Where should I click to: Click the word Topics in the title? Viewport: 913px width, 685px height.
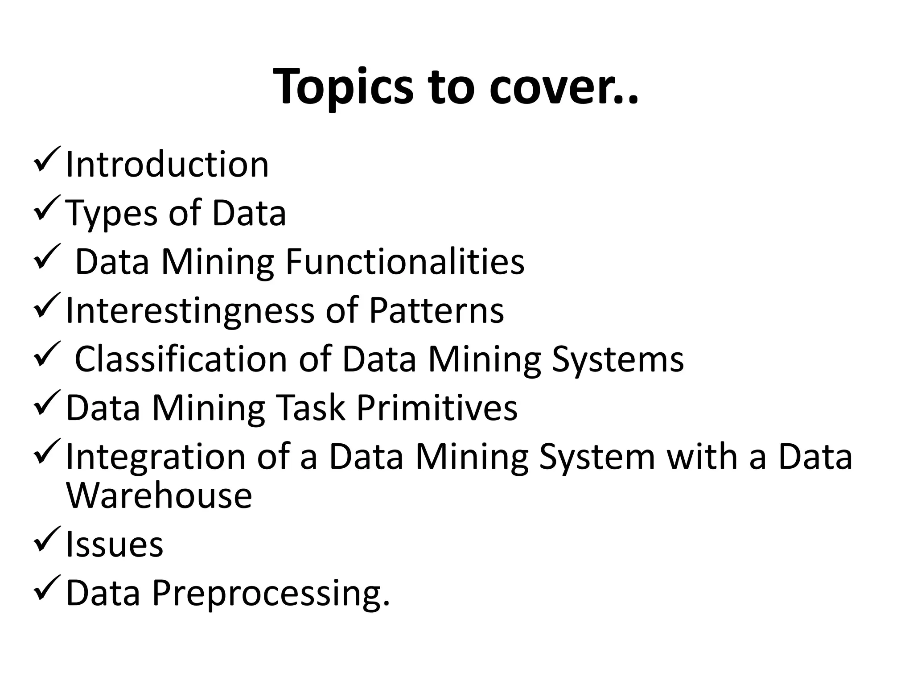(x=344, y=87)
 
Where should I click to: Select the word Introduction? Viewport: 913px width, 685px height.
(x=167, y=165)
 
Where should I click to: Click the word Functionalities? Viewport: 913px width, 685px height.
(x=405, y=262)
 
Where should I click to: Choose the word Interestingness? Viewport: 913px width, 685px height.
(x=190, y=310)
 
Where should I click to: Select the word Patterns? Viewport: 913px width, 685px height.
(x=436, y=310)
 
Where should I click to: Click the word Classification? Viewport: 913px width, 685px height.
(x=181, y=359)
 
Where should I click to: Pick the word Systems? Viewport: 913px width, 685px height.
(x=617, y=359)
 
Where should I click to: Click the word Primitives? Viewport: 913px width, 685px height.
(x=437, y=408)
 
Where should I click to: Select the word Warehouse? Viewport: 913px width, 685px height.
(x=159, y=495)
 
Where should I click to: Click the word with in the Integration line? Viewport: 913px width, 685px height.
(x=702, y=457)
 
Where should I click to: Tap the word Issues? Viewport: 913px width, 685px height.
(x=115, y=545)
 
